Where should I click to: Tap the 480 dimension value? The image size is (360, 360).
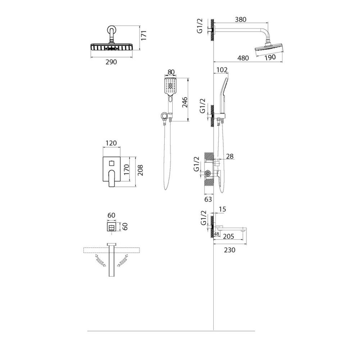click(x=243, y=58)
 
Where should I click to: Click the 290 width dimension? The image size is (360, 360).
click(x=111, y=62)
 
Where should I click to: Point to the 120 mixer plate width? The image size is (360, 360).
click(x=111, y=143)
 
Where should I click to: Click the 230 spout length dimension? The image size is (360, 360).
click(x=229, y=250)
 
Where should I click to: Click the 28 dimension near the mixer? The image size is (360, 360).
click(x=230, y=156)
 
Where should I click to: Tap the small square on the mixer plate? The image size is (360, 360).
click(x=111, y=163)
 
